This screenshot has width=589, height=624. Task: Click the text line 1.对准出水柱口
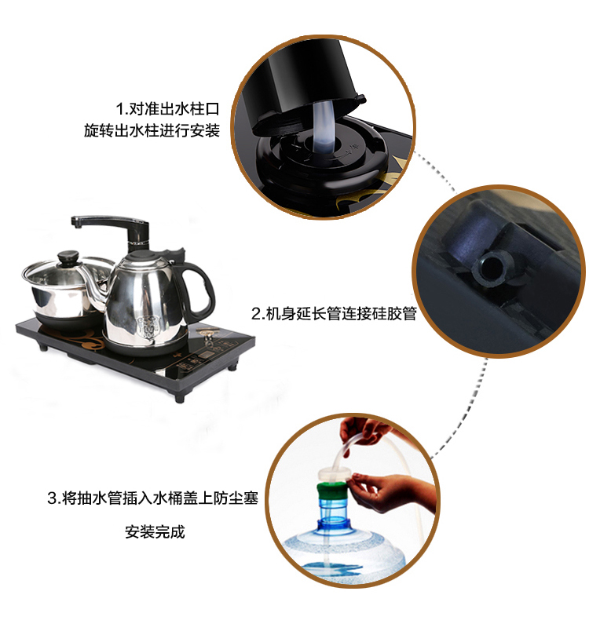167,108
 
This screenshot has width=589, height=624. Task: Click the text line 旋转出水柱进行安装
152,130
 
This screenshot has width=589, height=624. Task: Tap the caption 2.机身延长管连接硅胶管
334,314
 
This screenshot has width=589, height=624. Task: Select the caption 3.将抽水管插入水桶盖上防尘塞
153,498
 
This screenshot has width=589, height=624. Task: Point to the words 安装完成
155,531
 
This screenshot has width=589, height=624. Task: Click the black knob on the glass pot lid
68,257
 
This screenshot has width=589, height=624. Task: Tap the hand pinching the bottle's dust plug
392,493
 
